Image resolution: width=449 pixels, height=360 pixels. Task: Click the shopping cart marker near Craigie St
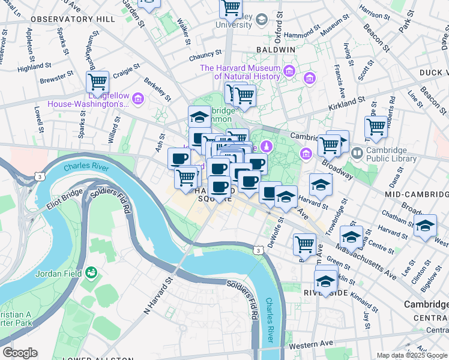coord(97,82)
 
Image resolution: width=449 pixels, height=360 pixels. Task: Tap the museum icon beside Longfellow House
coord(139,98)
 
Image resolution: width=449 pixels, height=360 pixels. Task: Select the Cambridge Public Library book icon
coord(358,153)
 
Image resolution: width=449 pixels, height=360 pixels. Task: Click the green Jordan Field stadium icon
coord(92,274)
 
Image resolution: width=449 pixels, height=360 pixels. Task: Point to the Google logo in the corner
coord(20,353)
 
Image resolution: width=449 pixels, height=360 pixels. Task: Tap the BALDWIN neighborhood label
coord(276,49)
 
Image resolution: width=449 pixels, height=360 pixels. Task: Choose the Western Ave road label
coord(310,344)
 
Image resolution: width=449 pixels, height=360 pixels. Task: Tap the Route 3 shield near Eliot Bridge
coord(38,177)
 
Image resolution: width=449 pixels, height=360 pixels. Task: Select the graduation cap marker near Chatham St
coord(426,227)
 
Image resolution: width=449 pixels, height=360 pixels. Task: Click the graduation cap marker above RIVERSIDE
coord(326,281)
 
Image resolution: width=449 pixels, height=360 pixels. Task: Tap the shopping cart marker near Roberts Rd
coord(376,127)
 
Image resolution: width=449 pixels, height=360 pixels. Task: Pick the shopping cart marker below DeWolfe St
coord(305,244)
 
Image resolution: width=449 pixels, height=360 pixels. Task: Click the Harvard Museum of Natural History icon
coord(289,72)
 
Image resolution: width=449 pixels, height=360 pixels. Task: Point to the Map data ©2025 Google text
coord(411,355)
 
